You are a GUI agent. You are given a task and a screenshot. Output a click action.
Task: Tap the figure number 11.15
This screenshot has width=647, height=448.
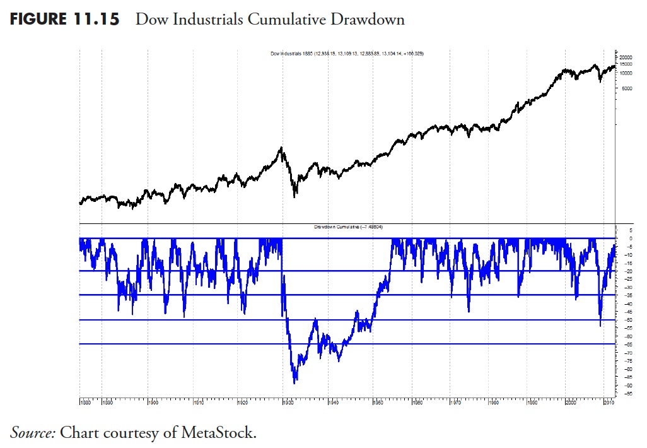tap(95, 20)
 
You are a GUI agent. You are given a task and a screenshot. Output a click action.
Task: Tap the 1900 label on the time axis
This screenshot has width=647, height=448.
tap(151, 401)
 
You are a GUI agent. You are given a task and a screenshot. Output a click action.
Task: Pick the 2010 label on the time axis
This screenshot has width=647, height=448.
tap(609, 401)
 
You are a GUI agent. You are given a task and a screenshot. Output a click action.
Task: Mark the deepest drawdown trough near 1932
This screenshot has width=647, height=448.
tap(294, 382)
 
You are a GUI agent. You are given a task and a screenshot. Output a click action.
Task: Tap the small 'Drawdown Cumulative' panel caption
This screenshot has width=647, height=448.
tap(353, 226)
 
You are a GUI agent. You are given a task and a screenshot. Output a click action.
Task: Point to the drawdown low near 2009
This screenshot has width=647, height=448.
tap(600, 324)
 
